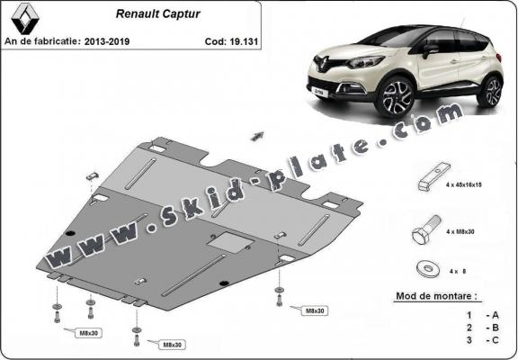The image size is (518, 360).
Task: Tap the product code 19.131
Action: pyautogui.click(x=228, y=40)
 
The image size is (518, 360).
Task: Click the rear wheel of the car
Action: pyautogui.click(x=490, y=93)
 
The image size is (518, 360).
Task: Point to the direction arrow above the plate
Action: pyautogui.click(x=260, y=136)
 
